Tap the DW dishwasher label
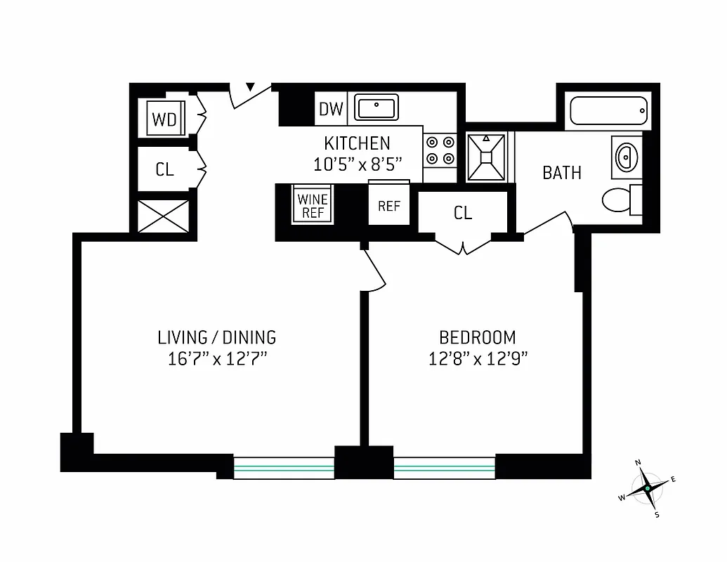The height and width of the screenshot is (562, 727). (x=331, y=109)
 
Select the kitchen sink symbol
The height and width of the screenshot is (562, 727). (x=376, y=107)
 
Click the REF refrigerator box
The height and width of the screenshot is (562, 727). (x=389, y=206)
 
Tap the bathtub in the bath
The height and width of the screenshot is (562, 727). (x=608, y=111)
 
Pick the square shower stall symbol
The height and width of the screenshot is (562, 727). (x=488, y=156)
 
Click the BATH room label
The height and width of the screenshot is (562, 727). (x=562, y=173)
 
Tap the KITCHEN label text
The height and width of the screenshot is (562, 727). (x=357, y=144)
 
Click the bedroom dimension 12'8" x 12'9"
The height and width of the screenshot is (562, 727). (x=478, y=359)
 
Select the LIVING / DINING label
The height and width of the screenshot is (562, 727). (x=216, y=337)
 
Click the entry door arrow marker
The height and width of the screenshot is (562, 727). (x=250, y=88)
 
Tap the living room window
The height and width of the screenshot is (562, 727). (x=284, y=467)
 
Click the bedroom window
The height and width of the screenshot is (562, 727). (x=444, y=467)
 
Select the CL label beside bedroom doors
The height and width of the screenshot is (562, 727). (x=463, y=214)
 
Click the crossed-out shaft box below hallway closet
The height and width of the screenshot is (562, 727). (x=163, y=216)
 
